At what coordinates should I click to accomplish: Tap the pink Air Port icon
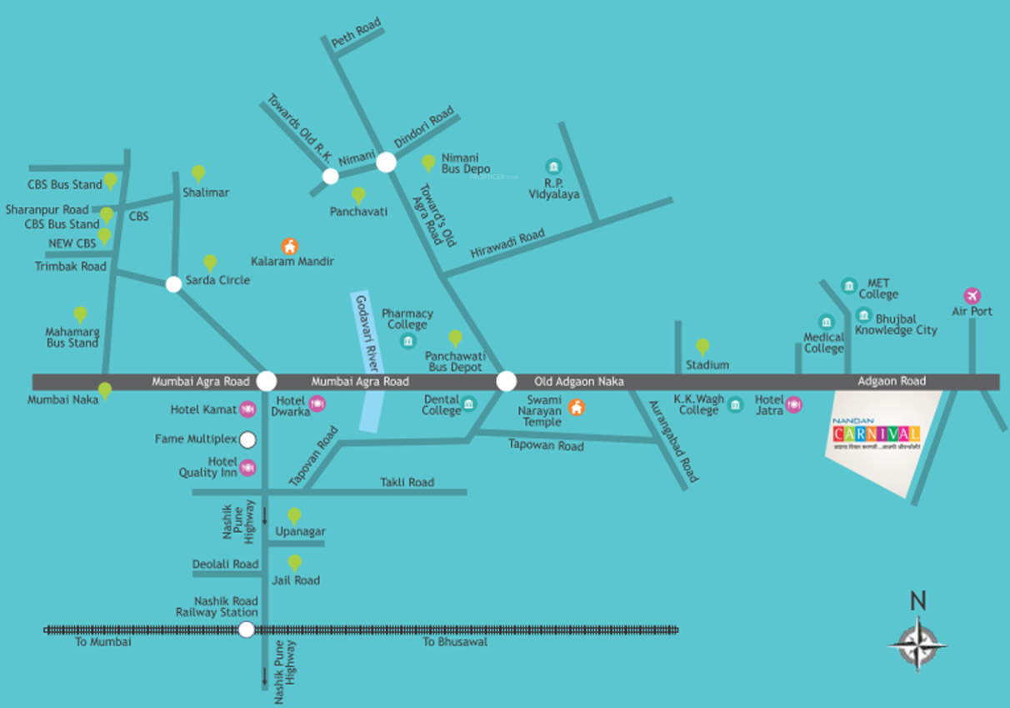coord(972,295)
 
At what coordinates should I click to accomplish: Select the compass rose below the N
coord(917,643)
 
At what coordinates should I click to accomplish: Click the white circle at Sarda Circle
coord(173,284)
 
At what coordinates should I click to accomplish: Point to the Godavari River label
coord(367,334)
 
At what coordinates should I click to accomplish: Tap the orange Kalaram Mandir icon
coord(289,246)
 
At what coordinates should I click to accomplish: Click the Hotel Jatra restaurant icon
coord(793,404)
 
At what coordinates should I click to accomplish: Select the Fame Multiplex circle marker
coord(247,439)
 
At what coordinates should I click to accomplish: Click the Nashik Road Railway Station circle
coord(247,630)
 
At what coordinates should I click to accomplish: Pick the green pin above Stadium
coord(702,346)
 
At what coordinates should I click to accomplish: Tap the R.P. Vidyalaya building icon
coord(552,166)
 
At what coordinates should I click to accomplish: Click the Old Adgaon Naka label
coord(579,381)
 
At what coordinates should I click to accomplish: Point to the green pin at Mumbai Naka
coord(105,390)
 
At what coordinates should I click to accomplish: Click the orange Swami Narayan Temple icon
coord(576,408)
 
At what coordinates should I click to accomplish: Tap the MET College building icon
coord(848,286)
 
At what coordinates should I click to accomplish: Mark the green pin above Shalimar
coord(198,173)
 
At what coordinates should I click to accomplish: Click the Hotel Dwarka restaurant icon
coord(317,404)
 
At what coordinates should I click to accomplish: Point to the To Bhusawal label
coord(454,642)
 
